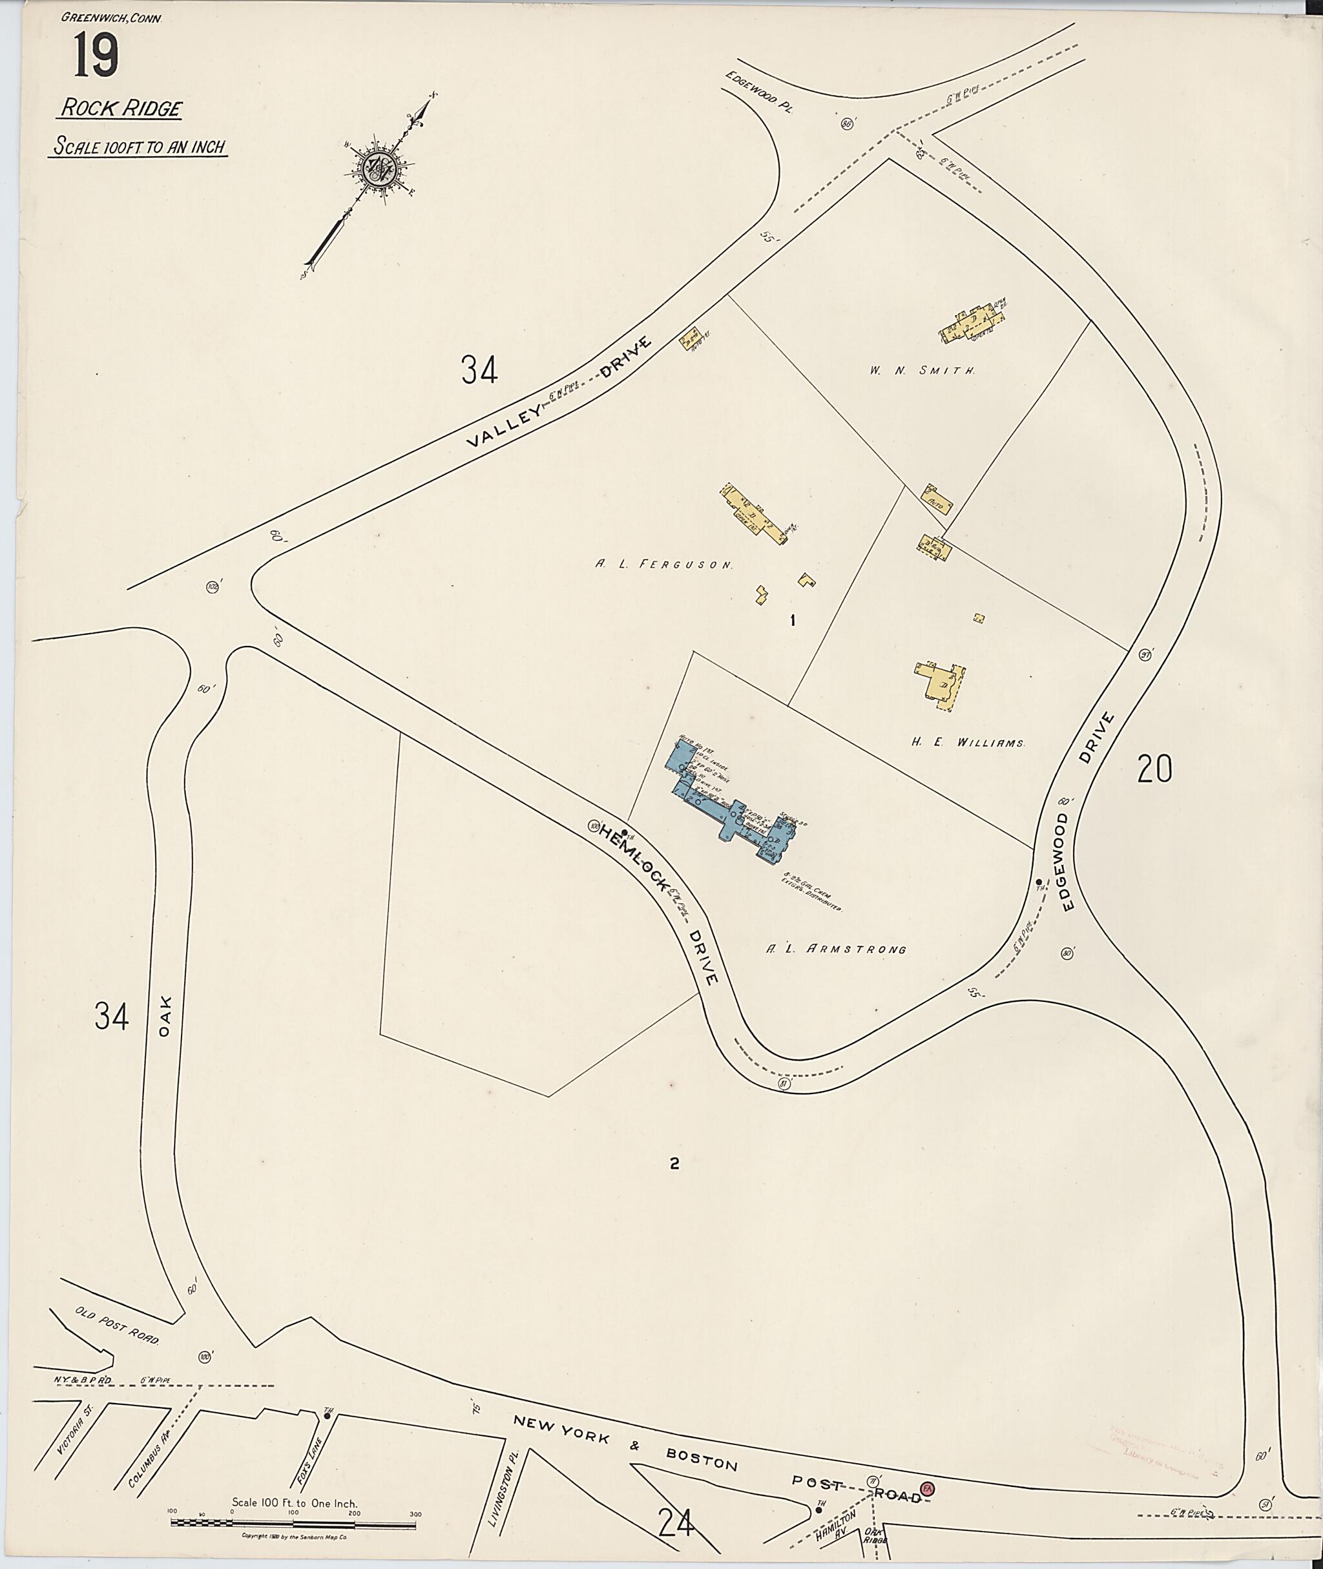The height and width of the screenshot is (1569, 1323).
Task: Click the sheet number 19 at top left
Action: coord(96,57)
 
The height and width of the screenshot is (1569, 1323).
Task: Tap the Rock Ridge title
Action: coord(120,108)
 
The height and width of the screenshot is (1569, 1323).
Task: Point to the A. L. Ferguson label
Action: coord(663,565)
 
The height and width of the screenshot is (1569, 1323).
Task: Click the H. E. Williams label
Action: coord(968,742)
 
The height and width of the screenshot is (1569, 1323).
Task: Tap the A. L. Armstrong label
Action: coord(835,949)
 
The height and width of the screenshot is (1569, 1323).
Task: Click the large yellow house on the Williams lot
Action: coord(941,683)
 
